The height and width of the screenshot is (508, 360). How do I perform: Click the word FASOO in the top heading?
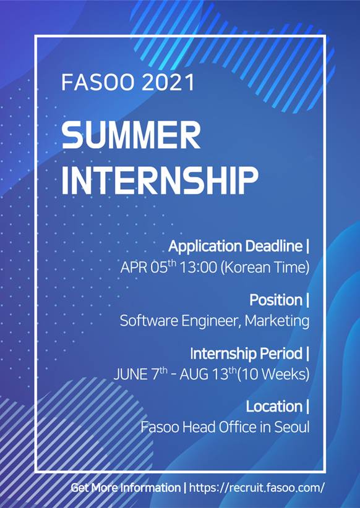point(97,82)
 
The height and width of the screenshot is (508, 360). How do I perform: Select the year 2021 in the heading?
point(168,82)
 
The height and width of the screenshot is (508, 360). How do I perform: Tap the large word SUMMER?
point(131,135)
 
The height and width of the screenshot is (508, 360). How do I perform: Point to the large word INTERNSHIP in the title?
point(160,180)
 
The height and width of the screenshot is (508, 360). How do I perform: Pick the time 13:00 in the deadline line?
point(198,268)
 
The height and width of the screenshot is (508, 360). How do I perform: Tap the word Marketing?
point(277,321)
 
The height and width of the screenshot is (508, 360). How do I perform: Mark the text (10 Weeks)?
point(273,375)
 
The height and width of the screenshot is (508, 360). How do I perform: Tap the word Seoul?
point(292,427)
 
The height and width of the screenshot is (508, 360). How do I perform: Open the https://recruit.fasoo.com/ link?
point(257,488)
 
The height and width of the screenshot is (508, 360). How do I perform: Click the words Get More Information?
point(126,488)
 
